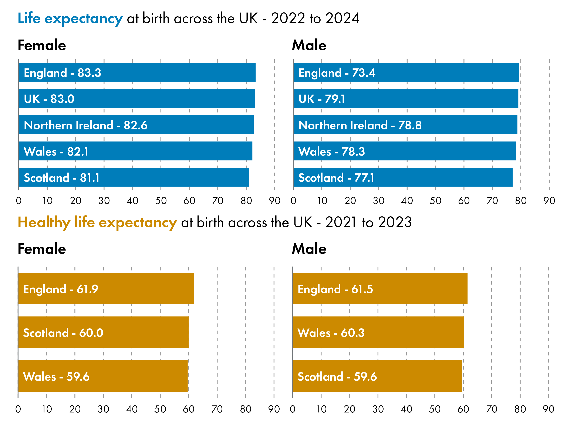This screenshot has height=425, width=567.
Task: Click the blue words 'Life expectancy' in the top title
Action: click(x=70, y=19)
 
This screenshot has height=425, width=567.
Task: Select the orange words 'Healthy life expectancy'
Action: click(x=97, y=222)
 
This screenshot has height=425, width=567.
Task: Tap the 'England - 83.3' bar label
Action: click(x=62, y=73)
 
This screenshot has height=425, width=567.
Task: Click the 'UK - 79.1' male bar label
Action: click(x=322, y=99)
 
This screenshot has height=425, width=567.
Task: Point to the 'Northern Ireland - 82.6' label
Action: click(x=86, y=125)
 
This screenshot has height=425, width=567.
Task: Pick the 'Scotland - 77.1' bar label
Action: click(x=336, y=178)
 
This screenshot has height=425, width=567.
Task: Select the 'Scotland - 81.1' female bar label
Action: click(x=61, y=178)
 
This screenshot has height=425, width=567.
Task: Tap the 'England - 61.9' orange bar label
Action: click(x=61, y=289)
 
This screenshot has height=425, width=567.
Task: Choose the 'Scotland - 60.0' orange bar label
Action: click(x=63, y=333)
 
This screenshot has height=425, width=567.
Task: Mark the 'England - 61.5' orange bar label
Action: click(x=335, y=289)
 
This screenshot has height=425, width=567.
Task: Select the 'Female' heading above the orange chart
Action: click(x=42, y=249)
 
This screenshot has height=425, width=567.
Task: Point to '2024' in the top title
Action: click(x=342, y=18)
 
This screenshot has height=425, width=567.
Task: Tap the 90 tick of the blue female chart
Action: click(x=274, y=201)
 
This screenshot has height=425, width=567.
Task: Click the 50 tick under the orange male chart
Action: click(x=435, y=409)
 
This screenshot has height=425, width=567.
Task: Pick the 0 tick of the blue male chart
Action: click(x=294, y=201)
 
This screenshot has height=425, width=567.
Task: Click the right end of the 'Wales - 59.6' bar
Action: click(x=187, y=376)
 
